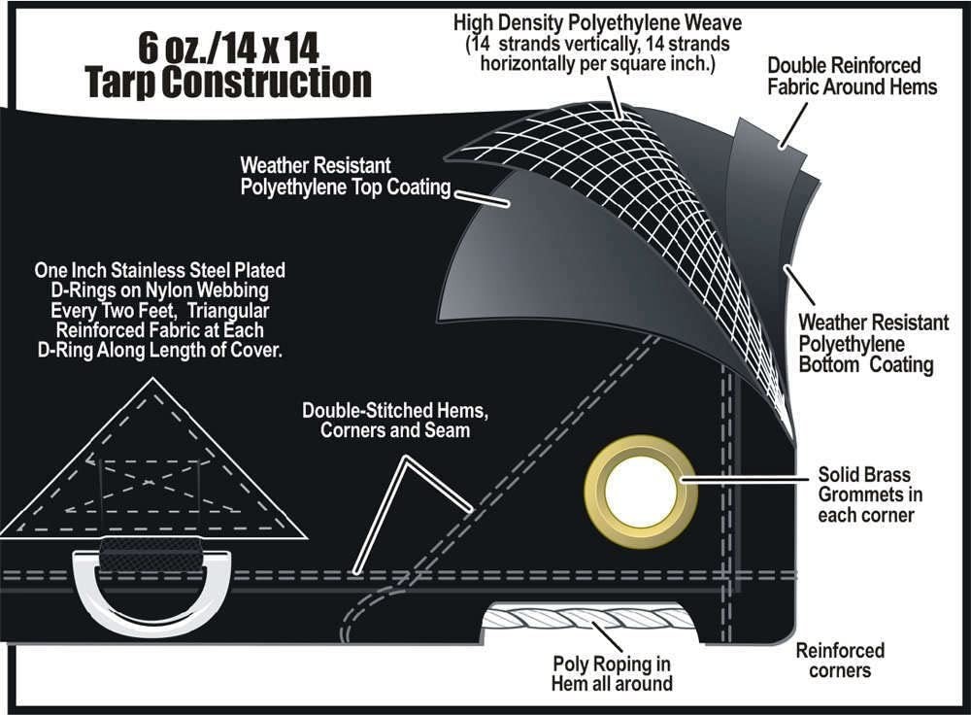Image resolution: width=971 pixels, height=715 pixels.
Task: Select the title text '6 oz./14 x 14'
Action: [x=226, y=48]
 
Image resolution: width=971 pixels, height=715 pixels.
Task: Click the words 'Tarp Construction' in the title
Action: [x=228, y=83]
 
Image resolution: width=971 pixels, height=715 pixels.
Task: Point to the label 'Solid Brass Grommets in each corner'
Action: [x=865, y=495]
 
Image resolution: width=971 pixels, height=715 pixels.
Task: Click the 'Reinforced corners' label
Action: [x=840, y=661]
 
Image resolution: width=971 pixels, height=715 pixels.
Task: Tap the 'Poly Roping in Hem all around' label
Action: [x=612, y=673]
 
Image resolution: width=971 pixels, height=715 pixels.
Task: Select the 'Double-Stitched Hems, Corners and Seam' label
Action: [x=394, y=420]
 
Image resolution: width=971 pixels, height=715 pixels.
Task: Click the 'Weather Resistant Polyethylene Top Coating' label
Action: [x=345, y=176]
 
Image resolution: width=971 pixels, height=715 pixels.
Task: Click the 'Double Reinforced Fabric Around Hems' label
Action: [x=852, y=76]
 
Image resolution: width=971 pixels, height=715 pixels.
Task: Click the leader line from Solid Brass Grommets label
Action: [x=748, y=480]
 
